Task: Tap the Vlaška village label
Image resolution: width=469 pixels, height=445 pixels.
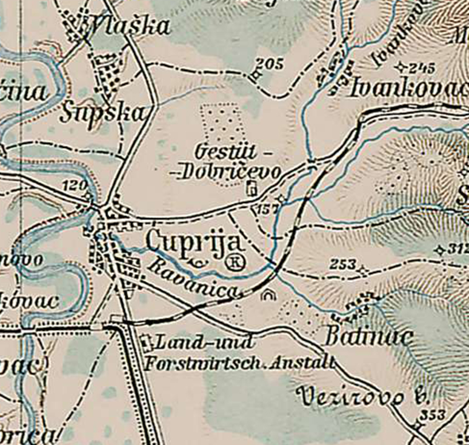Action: click(x=129, y=27)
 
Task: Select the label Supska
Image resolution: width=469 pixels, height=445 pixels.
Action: click(x=104, y=113)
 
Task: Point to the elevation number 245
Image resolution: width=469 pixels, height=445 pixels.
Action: click(x=422, y=67)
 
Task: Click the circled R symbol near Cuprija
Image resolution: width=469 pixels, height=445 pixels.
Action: click(x=235, y=263)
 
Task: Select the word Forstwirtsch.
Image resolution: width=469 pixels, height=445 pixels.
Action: click(x=201, y=364)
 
